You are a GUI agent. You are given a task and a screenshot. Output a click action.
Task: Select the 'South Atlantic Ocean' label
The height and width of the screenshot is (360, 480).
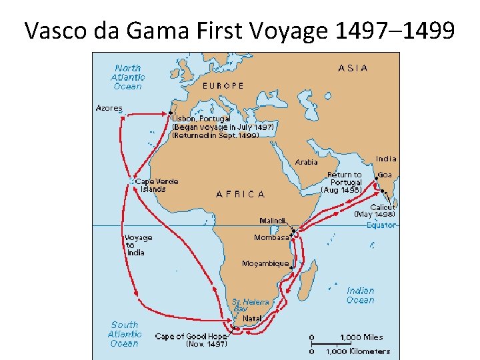[124, 335]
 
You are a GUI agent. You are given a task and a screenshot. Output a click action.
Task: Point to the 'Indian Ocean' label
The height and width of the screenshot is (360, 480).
[360, 295]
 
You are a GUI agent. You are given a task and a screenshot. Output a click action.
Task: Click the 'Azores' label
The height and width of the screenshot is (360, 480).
[109, 107]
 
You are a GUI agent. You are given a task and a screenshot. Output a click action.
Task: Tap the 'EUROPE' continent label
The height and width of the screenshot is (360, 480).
[223, 85]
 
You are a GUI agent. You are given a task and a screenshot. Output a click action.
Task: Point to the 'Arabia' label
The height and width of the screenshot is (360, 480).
[306, 162]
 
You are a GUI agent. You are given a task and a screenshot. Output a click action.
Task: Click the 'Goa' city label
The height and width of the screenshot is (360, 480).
[385, 175]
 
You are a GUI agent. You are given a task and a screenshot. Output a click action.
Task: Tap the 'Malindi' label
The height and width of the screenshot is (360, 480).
[273, 221]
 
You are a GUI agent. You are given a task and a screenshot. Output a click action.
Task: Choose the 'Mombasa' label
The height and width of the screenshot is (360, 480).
[271, 237]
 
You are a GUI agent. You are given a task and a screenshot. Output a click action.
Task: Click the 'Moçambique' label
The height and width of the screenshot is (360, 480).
[266, 263]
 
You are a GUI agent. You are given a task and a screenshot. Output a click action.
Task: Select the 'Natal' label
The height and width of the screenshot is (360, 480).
[252, 319]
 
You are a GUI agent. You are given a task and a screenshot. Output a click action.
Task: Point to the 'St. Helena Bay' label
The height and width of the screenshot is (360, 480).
[249, 305]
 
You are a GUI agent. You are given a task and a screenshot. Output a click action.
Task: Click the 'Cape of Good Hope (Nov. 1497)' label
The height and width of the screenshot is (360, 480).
[191, 340]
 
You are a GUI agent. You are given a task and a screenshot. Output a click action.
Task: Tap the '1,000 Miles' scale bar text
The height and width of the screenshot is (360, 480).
[362, 337]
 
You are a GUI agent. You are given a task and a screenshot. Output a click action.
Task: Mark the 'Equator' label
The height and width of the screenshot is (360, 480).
[381, 225]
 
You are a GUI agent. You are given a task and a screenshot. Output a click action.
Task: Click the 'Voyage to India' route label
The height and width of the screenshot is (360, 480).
[138, 245]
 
